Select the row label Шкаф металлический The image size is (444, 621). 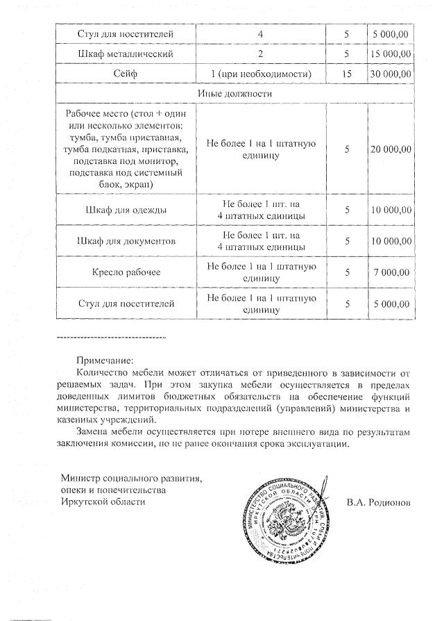tap(125, 53)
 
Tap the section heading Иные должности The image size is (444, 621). tap(234, 93)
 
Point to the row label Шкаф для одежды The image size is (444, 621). tap(125, 210)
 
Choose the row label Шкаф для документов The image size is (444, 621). tap(125, 241)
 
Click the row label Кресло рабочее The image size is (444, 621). tap(125, 272)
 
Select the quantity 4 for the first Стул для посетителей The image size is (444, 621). tap(261, 33)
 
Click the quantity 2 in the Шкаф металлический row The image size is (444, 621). tap(261, 53)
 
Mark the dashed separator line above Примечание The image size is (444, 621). tap(111, 337)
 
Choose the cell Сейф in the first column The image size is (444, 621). tap(125, 73)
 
